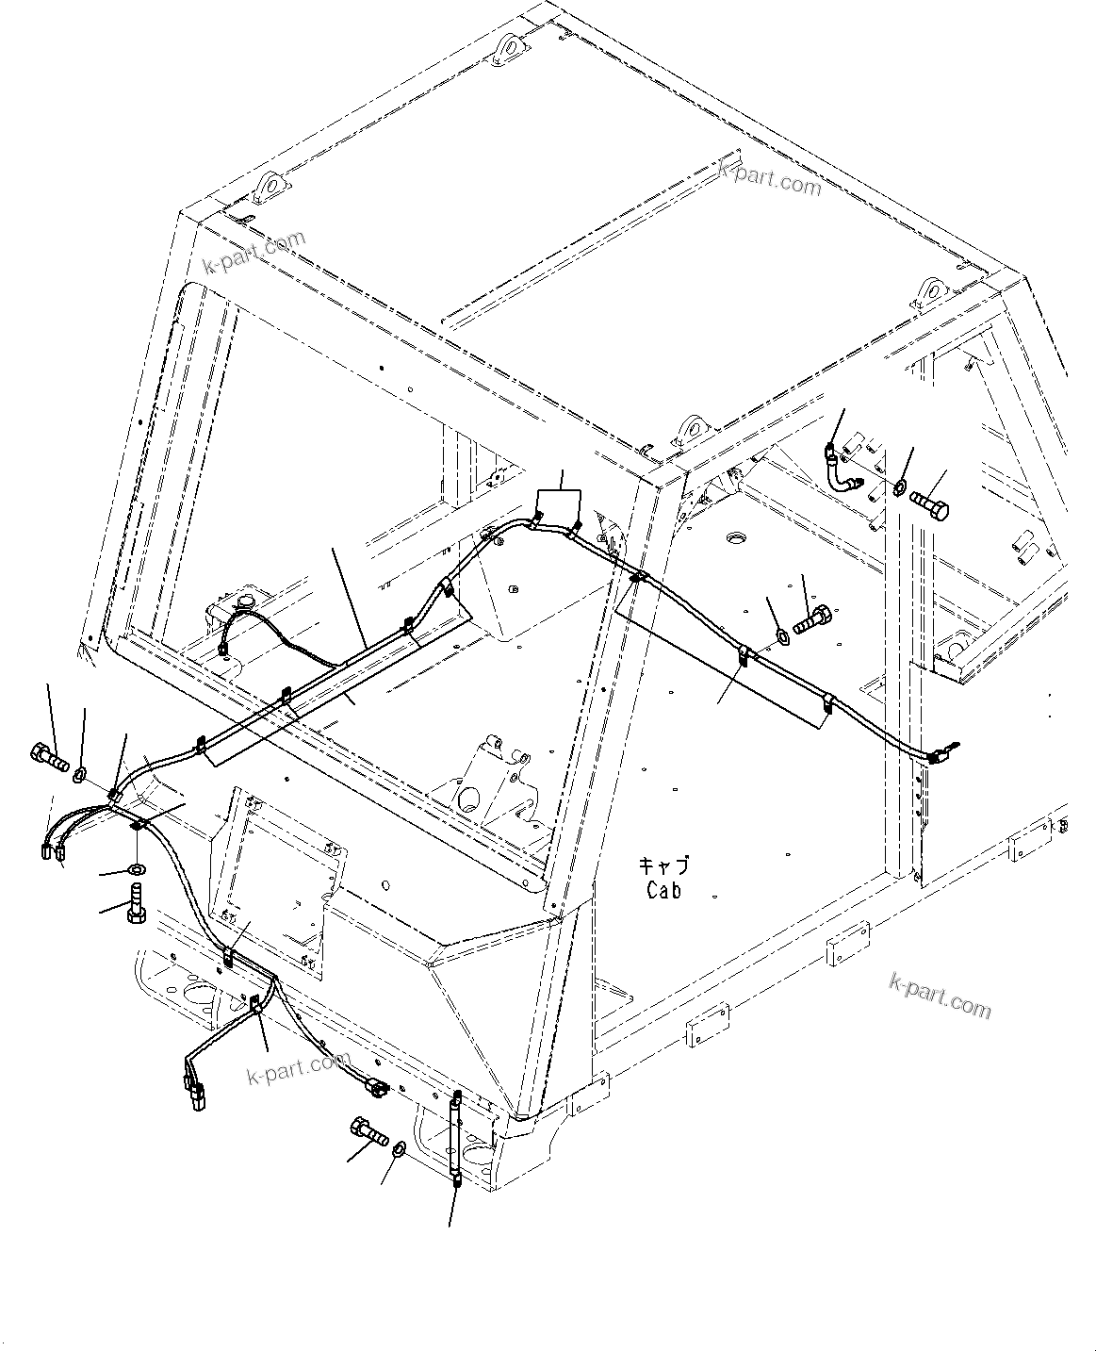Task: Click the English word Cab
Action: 663,889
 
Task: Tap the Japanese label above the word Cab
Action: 663,865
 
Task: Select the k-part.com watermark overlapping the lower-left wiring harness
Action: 298,1068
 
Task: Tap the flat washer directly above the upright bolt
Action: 137,868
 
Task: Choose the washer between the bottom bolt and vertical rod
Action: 397,1148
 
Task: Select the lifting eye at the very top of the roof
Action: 507,46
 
